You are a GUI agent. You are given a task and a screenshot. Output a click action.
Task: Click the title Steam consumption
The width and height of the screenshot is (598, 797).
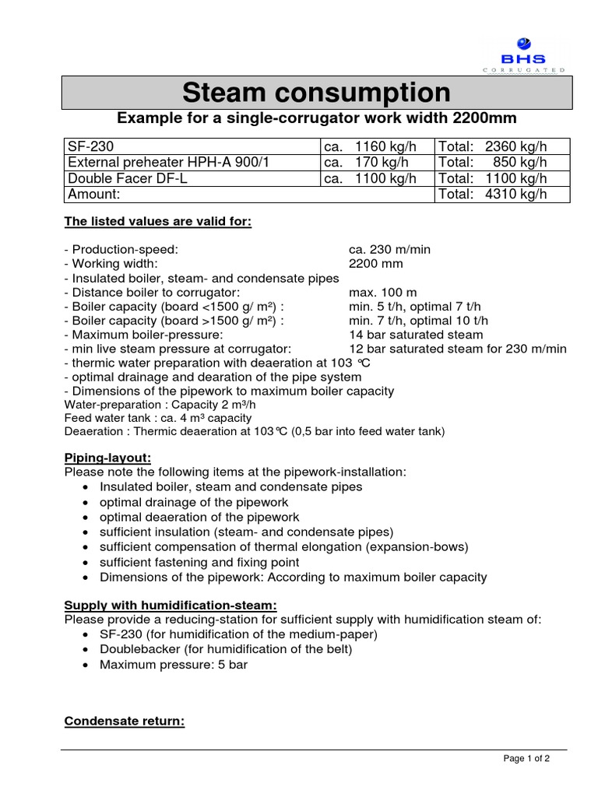[x=316, y=93]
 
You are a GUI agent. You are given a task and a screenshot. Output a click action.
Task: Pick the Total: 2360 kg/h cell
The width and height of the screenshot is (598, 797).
[x=493, y=146]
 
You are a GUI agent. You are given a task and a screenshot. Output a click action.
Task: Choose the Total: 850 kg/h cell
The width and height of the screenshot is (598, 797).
[x=493, y=162]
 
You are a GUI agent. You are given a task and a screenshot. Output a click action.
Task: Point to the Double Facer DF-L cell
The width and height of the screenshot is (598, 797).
[x=128, y=177]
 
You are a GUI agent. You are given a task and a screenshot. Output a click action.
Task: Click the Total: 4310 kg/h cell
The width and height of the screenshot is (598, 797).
[x=493, y=194]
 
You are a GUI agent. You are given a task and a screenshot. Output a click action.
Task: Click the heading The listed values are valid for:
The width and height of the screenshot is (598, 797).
[x=157, y=222]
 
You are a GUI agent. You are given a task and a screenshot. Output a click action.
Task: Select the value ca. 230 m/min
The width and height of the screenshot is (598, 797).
[x=389, y=250]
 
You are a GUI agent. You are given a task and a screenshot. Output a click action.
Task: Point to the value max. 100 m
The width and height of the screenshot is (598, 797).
[x=382, y=292]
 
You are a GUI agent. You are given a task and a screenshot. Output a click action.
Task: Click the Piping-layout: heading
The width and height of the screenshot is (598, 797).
[x=107, y=458]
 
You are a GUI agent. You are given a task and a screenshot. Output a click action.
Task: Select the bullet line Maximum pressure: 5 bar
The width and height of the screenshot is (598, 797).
[x=174, y=665]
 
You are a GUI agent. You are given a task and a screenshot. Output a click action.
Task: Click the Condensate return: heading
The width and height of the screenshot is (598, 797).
[x=124, y=722]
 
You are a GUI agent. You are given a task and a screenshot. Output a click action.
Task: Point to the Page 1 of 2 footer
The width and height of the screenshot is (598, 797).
[x=527, y=760]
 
